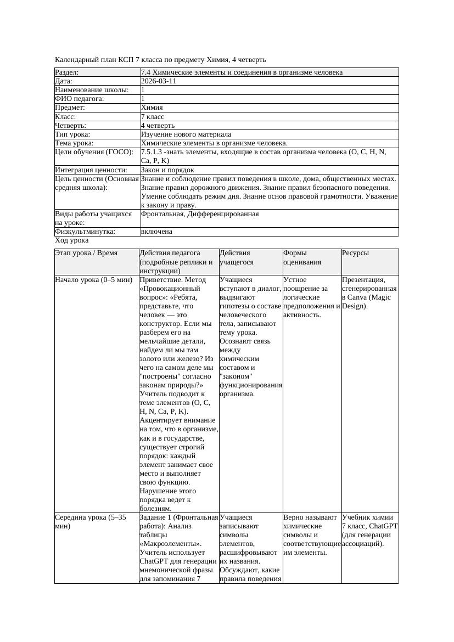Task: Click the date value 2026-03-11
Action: tap(159, 81)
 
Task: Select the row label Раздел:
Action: tap(67, 72)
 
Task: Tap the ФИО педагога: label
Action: tap(80, 99)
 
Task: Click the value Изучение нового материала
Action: tap(186, 134)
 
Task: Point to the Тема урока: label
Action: tap(74, 143)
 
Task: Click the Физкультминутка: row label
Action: tap(85, 232)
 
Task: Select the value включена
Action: tap(156, 232)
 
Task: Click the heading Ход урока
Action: tap(72, 240)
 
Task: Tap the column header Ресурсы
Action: tap(355, 253)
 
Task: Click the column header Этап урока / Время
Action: tap(86, 253)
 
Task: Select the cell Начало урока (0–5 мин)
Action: tap(93, 280)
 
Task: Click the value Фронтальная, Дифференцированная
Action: tap(200, 213)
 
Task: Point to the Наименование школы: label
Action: tap(92, 89)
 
